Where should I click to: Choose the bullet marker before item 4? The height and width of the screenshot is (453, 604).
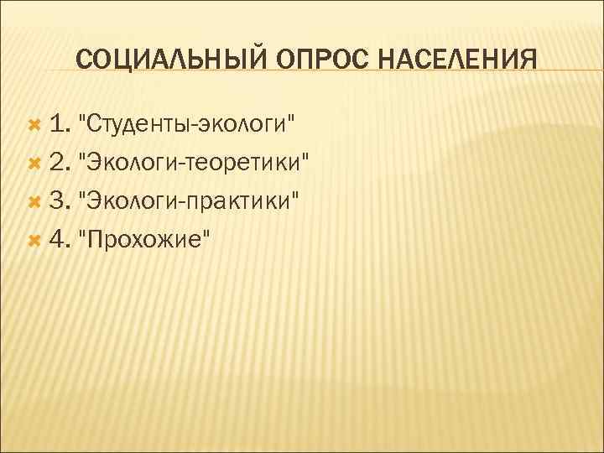click(34, 239)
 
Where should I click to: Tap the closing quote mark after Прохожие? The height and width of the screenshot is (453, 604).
click(206, 233)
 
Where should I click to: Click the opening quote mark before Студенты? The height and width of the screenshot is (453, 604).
click(81, 120)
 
